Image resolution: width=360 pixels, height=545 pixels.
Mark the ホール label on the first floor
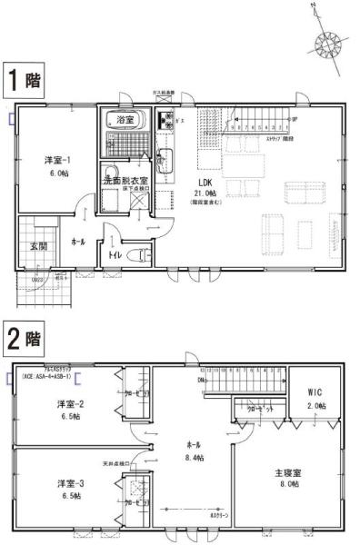point(78,243)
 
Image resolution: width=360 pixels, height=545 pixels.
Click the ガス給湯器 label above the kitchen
point(164,94)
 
